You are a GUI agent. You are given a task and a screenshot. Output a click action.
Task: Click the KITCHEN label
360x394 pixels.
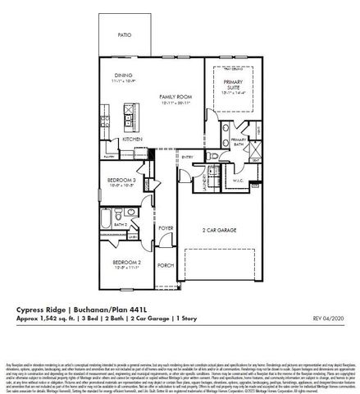[x=133, y=140]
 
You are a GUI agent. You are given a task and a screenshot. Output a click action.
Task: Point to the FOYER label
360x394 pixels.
[x=166, y=227]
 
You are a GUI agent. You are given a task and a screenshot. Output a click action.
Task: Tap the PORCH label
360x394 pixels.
[x=166, y=265]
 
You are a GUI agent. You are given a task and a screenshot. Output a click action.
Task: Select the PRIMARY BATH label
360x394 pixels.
[x=239, y=142]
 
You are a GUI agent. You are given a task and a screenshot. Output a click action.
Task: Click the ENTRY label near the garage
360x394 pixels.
[x=188, y=156]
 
